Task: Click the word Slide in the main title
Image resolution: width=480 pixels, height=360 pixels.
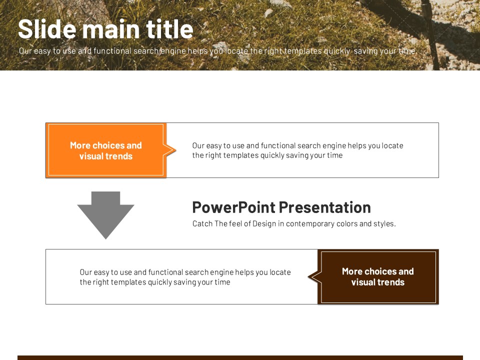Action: coord(47,29)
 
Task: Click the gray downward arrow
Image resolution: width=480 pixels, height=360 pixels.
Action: coord(105,215)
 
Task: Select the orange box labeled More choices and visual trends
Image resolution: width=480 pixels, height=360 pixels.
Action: coord(106,150)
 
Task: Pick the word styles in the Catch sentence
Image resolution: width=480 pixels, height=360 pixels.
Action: coord(386,224)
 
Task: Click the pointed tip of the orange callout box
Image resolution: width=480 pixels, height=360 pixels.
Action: coord(176,150)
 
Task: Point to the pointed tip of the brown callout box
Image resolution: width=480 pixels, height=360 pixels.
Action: coord(308,276)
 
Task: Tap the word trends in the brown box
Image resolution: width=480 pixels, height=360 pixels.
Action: coord(390,282)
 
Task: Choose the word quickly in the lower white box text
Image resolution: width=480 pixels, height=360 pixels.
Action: coord(160,282)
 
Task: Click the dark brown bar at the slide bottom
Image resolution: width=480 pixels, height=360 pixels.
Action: coord(240,357)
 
